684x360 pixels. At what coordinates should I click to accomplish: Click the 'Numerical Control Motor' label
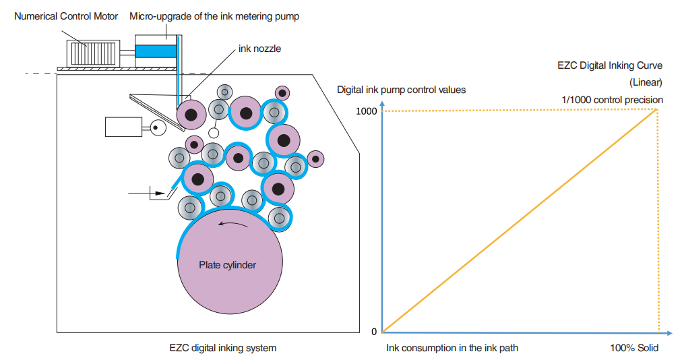click(66, 16)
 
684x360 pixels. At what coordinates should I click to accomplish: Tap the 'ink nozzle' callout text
click(259, 49)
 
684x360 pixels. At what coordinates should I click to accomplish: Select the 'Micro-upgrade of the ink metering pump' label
click(214, 16)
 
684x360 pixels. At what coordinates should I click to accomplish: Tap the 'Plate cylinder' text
click(227, 265)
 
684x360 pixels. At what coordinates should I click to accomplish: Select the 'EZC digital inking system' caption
click(222, 349)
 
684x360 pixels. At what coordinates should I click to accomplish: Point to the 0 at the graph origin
click(373, 332)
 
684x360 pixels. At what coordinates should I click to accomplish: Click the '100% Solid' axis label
click(633, 349)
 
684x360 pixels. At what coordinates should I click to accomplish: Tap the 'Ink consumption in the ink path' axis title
click(452, 349)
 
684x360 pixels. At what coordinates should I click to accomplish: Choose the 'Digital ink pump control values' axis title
click(402, 89)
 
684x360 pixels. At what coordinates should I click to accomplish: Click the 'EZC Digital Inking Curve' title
click(610, 65)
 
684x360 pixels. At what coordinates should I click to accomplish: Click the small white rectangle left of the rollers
click(123, 126)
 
